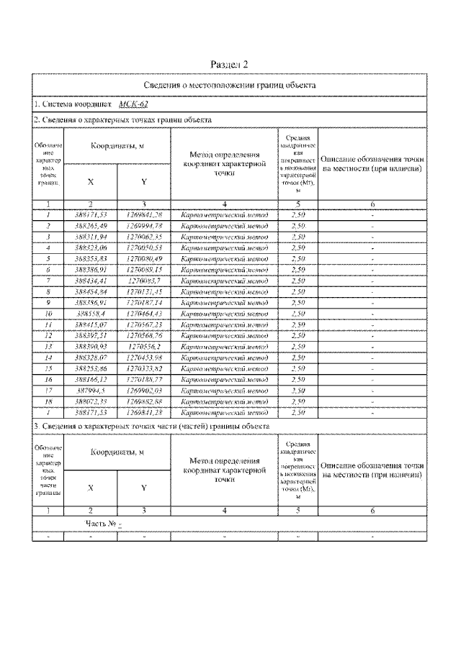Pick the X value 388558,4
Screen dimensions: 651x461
90,314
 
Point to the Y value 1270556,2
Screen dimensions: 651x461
144,345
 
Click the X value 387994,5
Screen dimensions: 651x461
90,390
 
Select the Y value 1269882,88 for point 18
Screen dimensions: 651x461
144,401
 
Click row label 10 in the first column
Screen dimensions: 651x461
48,314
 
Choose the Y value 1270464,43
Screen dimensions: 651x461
144,314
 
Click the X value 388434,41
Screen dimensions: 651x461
90,280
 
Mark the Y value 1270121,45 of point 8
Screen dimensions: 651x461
144,291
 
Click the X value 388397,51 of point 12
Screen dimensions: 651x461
90,334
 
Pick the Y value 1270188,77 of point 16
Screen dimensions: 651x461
144,378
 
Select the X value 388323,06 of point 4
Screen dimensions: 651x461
90,247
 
